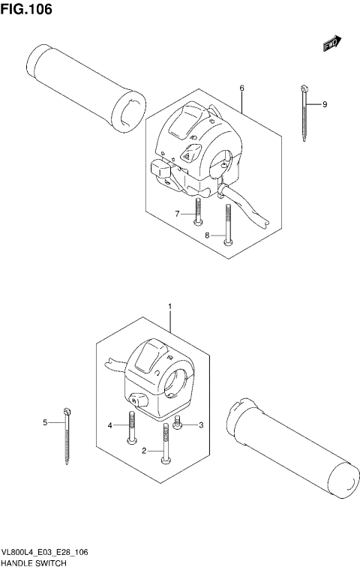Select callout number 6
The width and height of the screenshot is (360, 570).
coord(241,88)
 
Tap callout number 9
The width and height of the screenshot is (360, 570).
coord(325,104)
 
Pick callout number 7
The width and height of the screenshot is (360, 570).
coord(178,214)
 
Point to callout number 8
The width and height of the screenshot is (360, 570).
coord(207,235)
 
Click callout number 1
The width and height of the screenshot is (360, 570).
coord(170,307)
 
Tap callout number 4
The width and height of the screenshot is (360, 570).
coord(109,425)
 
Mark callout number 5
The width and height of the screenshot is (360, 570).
coord(45,423)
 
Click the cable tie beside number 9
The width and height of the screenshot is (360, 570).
coord(306,112)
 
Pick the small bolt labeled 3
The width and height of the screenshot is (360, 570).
coord(178,424)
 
